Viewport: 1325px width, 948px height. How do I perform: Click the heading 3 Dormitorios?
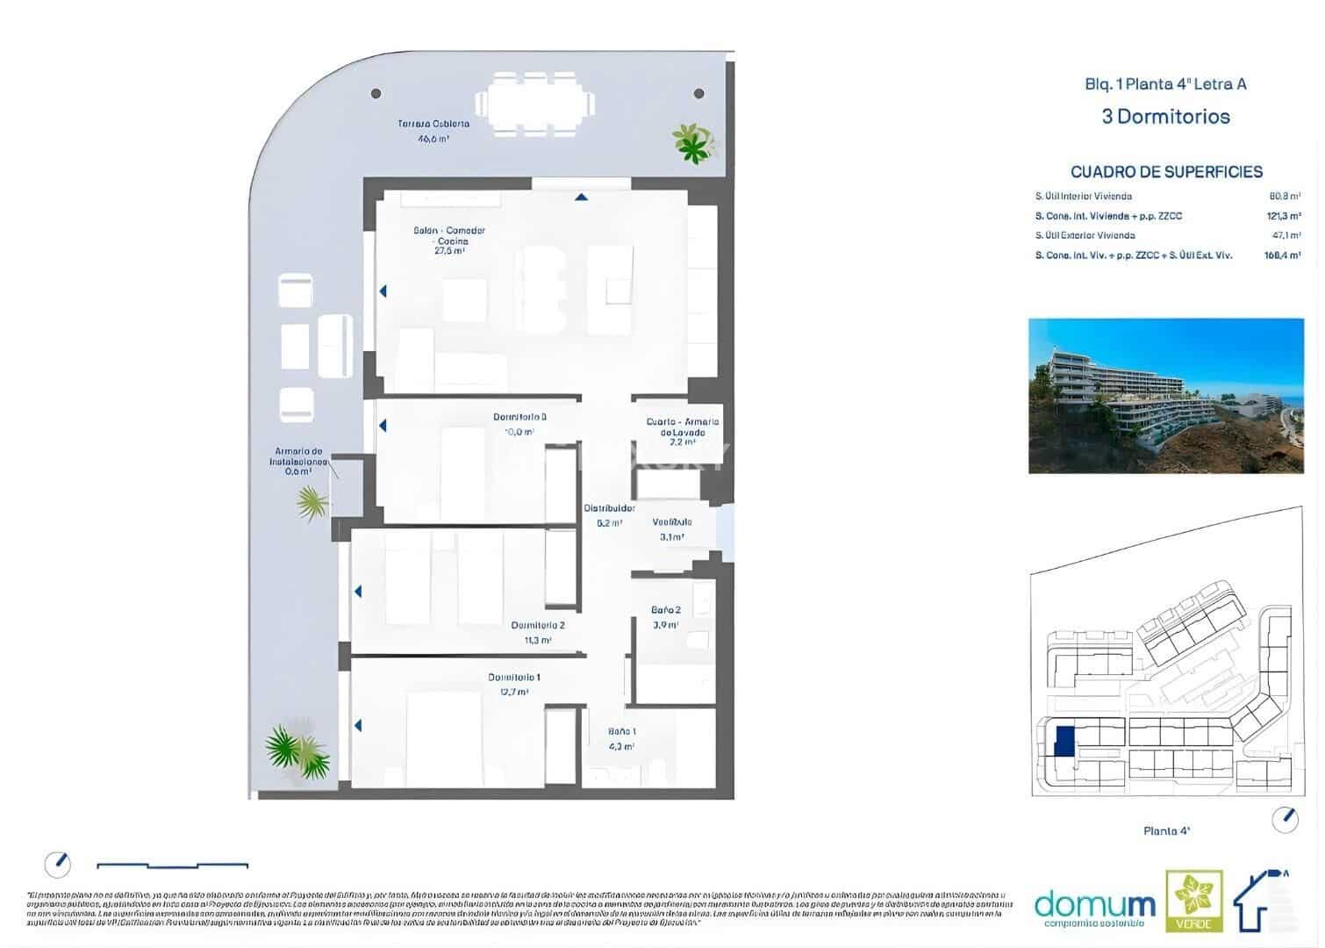(1165, 117)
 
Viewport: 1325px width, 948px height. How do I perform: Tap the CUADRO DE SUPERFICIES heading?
(1166, 172)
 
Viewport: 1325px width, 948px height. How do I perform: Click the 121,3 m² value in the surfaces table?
(1282, 216)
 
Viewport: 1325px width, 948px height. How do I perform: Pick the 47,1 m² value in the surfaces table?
(1284, 235)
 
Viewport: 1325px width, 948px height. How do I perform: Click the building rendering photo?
(1166, 396)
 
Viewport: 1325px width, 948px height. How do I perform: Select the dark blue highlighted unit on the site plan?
(1064, 741)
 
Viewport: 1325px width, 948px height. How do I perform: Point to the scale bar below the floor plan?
(172, 866)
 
